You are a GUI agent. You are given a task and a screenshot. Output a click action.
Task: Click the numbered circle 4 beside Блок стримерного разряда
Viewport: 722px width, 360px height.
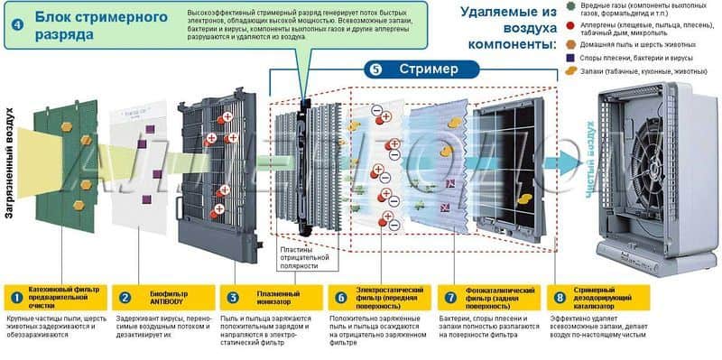pos(18,24)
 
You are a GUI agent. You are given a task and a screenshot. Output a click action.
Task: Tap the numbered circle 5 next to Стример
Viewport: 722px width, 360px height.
pos(375,69)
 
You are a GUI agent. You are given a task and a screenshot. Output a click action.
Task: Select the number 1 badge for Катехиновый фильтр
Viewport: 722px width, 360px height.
pos(15,296)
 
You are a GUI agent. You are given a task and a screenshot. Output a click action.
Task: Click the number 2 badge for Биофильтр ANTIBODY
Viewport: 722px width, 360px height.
pos(126,296)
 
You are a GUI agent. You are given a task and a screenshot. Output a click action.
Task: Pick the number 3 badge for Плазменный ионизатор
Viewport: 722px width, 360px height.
pos(233,296)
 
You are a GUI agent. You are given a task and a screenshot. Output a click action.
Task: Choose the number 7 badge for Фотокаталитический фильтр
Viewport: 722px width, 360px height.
pos(451,296)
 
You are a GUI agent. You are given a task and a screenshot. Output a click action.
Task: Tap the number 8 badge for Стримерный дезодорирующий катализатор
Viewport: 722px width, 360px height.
pos(560,296)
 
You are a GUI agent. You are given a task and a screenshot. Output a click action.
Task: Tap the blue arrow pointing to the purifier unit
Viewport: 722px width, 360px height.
pos(563,163)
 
